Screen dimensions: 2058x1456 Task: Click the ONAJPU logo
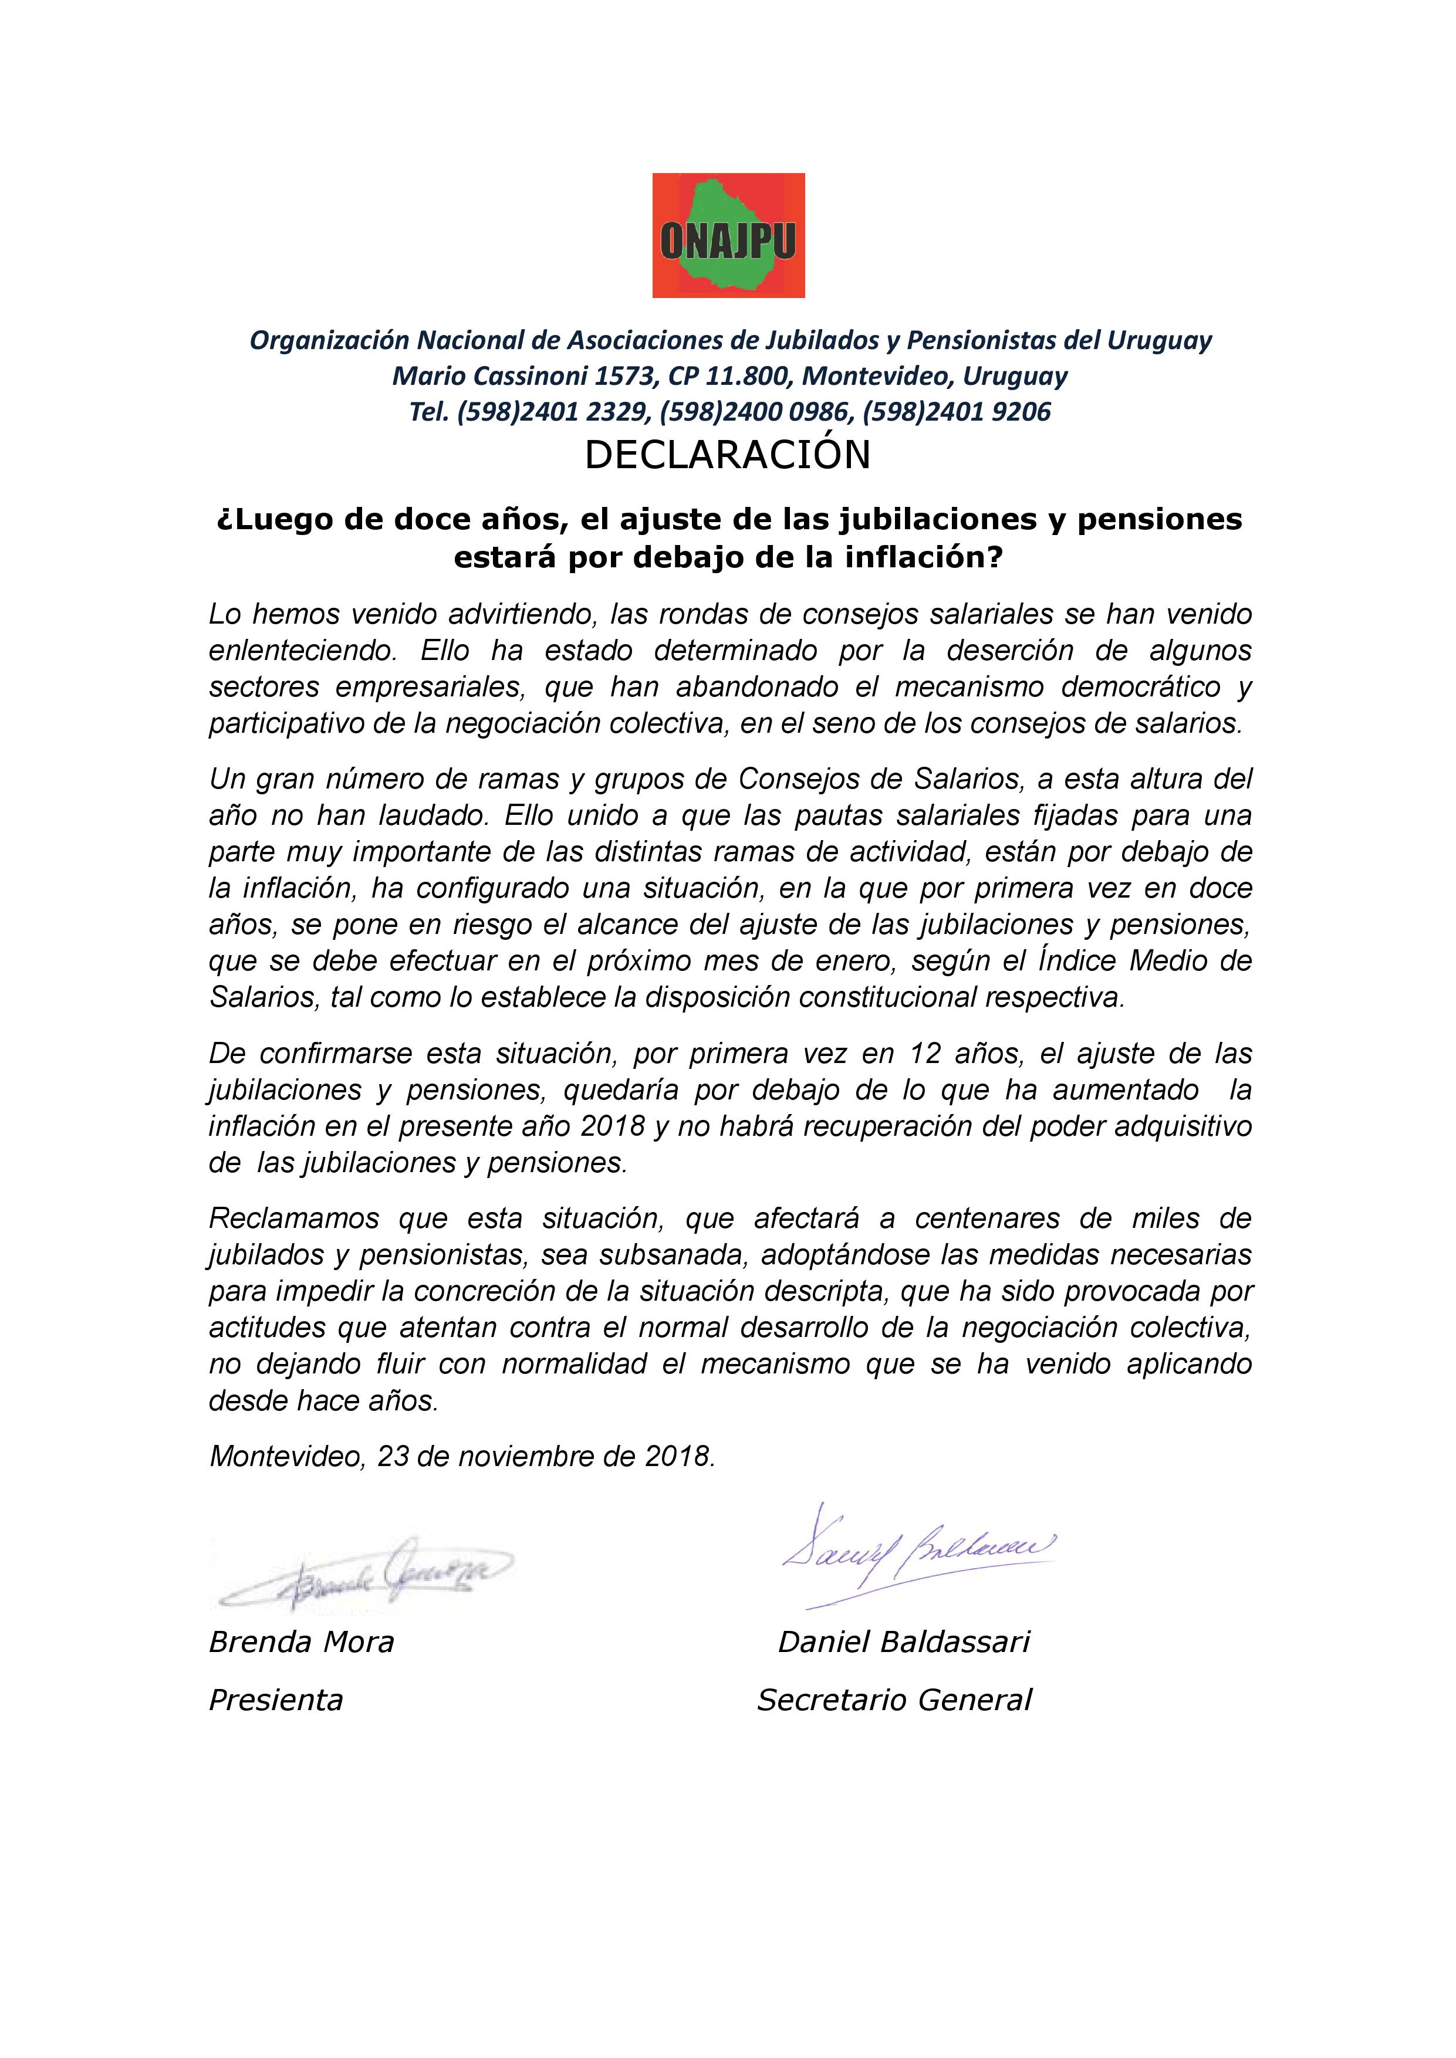pyautogui.click(x=728, y=235)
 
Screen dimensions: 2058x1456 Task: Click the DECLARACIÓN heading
pyautogui.click(x=727, y=455)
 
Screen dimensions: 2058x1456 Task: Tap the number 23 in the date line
pyautogui.click(x=393, y=1456)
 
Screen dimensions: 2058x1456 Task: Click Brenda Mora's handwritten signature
pyautogui.click(x=363, y=1569)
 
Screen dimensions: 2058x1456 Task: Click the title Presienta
pyautogui.click(x=276, y=1700)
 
